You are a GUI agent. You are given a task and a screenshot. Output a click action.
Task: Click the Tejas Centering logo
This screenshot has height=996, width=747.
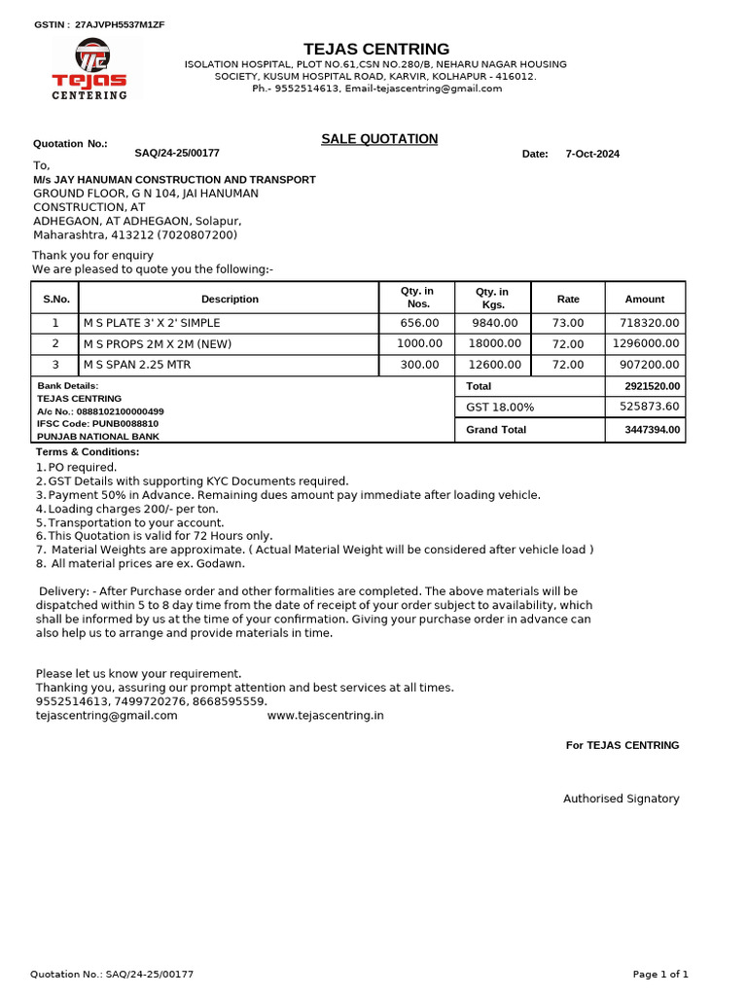click(89, 68)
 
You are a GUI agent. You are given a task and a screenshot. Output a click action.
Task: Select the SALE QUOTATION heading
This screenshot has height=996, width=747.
click(379, 139)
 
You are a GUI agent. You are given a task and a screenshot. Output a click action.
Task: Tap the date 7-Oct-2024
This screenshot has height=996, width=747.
click(592, 154)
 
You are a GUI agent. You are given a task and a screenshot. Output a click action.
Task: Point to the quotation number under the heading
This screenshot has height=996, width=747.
click(177, 153)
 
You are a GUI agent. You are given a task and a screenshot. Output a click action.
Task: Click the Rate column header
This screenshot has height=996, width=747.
click(568, 299)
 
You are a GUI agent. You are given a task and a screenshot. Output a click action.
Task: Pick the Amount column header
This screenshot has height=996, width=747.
click(645, 299)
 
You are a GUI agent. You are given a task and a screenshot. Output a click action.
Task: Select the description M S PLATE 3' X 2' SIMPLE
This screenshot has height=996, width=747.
click(152, 323)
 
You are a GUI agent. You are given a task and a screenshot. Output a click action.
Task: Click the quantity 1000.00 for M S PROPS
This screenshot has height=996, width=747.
click(418, 343)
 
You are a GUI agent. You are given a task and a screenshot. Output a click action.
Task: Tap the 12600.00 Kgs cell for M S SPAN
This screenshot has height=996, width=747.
click(495, 365)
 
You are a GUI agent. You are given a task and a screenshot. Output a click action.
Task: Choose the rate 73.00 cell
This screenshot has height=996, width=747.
click(568, 323)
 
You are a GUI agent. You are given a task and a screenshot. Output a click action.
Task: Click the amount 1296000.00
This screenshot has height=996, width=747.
click(646, 343)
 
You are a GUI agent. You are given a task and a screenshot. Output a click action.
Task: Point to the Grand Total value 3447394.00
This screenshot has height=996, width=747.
click(652, 429)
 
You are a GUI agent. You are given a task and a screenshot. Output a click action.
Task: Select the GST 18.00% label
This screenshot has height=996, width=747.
click(500, 408)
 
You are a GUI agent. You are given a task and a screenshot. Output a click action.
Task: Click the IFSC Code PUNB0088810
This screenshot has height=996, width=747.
click(97, 424)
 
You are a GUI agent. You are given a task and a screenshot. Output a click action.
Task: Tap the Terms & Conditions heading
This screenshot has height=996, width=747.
click(88, 452)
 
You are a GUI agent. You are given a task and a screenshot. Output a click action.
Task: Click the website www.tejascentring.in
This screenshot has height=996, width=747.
click(325, 715)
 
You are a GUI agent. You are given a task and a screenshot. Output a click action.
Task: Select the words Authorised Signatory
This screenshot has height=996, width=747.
click(621, 799)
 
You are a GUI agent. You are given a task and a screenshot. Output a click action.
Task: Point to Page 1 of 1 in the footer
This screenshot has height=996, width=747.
click(660, 974)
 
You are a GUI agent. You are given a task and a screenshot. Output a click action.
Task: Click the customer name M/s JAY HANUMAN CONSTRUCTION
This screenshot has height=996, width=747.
click(174, 180)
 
